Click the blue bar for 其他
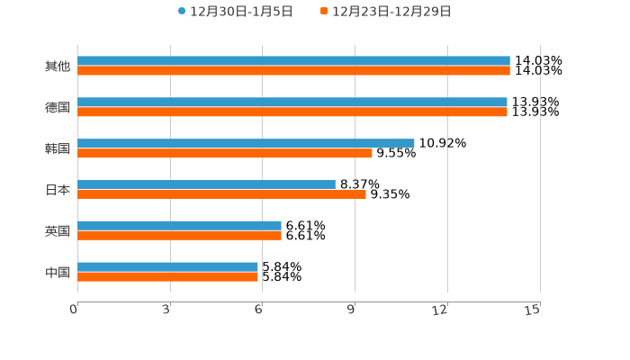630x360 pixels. click(293, 61)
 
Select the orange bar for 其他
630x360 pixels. click(293, 71)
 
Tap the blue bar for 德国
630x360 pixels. click(292, 103)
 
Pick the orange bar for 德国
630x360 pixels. click(292, 112)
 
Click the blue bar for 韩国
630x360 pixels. click(246, 143)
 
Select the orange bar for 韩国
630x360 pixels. click(225, 153)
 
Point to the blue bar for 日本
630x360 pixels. click(206, 184)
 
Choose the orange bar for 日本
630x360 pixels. click(221, 193)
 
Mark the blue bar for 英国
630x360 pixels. click(179, 225)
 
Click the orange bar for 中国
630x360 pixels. click(167, 276)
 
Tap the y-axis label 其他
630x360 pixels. click(58, 66)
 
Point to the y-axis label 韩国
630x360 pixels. click(58, 148)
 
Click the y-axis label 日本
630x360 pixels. click(58, 190)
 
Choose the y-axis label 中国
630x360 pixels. click(58, 272)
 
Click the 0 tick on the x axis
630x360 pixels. click(75, 310)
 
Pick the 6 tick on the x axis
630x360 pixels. click(259, 310)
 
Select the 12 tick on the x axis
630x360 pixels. click(441, 310)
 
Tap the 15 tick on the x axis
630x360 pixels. click(533, 310)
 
